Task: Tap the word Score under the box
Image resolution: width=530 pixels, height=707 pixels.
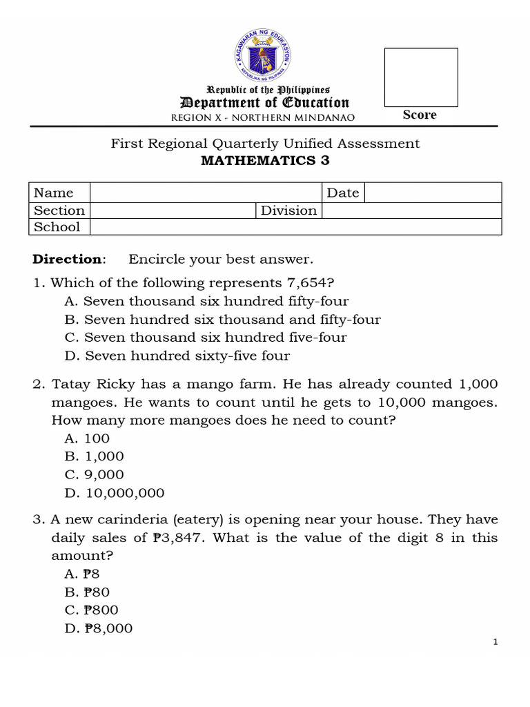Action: [420, 115]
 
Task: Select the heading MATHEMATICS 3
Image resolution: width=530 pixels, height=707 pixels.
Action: [265, 161]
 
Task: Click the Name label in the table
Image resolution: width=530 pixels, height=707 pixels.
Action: [53, 193]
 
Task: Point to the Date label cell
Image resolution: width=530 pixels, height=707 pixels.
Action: [342, 193]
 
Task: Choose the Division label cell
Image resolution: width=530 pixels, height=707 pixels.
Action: [288, 211]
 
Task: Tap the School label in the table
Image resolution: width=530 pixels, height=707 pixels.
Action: [57, 227]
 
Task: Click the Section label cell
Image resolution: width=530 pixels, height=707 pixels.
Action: [59, 211]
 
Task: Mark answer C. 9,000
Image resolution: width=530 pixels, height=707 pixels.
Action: [94, 474]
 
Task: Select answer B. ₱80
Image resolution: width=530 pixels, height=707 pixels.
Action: [86, 592]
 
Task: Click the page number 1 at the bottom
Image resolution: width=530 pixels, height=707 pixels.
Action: [495, 642]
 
